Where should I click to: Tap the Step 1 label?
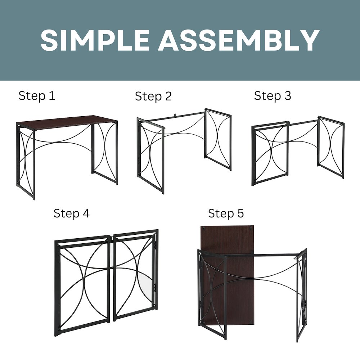pos(37,96)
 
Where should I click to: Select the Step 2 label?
pos(153,96)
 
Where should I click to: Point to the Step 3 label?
pos(273,96)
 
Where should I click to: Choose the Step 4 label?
pos(71,213)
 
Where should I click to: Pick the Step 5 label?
pos(226,213)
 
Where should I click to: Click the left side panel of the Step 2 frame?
pos(150,155)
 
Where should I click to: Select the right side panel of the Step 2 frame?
pos(218,139)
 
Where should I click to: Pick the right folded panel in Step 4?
pos(135,275)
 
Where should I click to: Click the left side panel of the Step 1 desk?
pos(26,160)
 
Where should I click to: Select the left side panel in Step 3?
pos(270,153)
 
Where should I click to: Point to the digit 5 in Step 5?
pos(240,213)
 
